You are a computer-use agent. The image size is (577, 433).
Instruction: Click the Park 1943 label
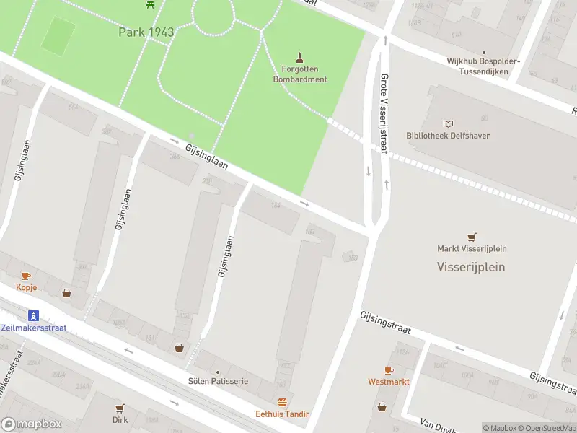tap(146, 32)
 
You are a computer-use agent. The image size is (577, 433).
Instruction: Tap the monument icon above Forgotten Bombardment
tap(300, 57)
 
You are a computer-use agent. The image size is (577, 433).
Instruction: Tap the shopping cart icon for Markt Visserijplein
tap(472, 236)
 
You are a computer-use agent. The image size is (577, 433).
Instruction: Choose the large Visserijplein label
tap(471, 266)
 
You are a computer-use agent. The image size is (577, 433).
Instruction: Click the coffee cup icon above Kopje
tap(26, 276)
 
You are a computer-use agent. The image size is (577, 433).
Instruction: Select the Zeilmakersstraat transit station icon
tap(32, 315)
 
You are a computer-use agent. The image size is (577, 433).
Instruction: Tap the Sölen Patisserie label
tap(218, 380)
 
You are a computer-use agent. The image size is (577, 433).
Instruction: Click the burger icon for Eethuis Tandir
tap(282, 402)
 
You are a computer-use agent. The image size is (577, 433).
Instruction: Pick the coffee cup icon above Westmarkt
tap(388, 369)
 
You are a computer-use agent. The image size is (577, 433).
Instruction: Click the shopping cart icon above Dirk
tap(120, 408)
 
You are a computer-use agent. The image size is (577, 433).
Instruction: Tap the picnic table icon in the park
tap(150, 4)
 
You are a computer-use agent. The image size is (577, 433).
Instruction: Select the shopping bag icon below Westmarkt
tap(383, 407)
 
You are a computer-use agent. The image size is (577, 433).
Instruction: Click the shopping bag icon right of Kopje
tap(66, 293)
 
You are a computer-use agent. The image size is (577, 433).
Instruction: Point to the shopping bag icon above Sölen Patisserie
tap(179, 348)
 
